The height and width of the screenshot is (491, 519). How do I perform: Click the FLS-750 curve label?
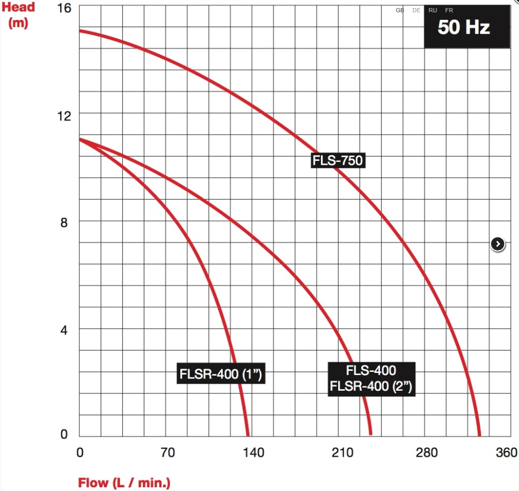click(338, 160)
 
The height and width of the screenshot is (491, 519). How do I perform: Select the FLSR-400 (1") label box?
click(221, 374)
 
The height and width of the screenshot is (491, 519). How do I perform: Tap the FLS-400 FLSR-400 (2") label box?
click(371, 378)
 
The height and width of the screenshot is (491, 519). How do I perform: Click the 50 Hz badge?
click(464, 27)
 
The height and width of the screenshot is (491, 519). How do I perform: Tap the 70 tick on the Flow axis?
click(168, 453)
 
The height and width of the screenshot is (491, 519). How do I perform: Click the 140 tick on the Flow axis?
click(253, 453)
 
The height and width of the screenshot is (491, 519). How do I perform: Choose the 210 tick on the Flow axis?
click(342, 453)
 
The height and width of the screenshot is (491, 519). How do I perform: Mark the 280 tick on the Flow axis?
click(427, 453)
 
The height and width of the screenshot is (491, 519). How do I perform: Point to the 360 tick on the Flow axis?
click(507, 453)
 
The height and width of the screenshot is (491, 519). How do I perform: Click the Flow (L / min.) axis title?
click(124, 482)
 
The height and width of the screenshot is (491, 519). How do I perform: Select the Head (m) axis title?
click(18, 15)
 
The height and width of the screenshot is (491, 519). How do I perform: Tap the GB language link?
click(400, 10)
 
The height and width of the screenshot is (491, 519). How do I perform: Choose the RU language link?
click(433, 10)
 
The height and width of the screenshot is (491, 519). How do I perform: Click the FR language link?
click(449, 10)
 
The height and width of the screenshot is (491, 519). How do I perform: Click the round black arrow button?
click(498, 244)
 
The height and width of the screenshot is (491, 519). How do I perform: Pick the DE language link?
click(416, 10)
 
